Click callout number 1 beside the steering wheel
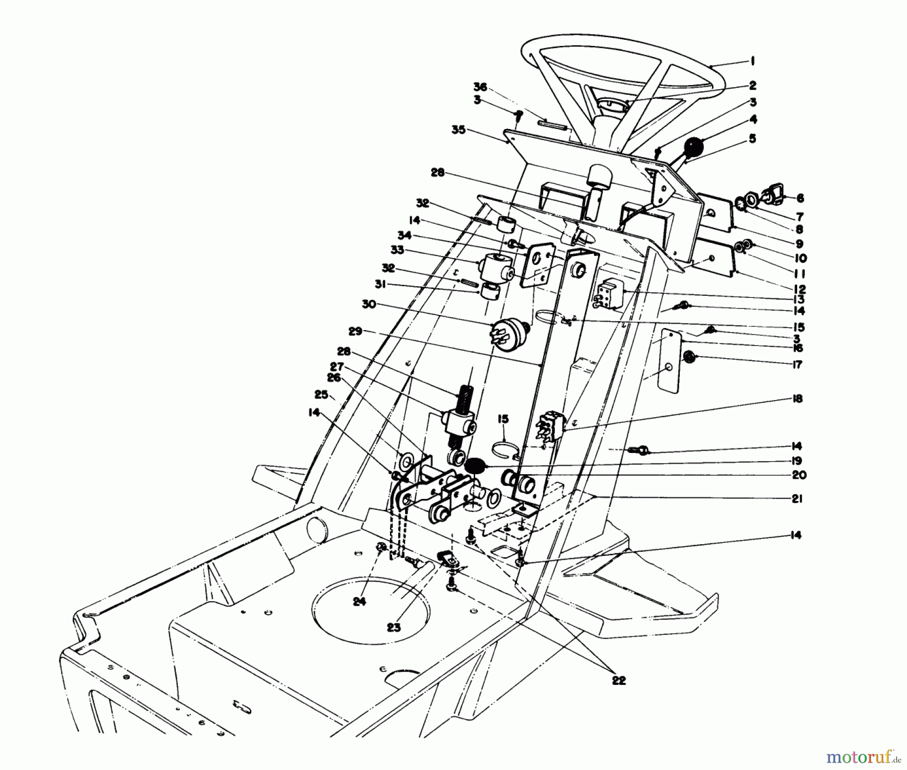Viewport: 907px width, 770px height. click(x=752, y=61)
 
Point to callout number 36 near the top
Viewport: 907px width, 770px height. click(x=480, y=87)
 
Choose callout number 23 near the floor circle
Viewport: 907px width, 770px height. click(x=394, y=627)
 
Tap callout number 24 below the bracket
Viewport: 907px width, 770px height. click(x=359, y=601)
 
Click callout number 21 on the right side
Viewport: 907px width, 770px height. click(x=797, y=499)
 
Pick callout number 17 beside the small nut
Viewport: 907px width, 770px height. click(x=797, y=365)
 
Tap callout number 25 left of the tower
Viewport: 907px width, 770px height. click(x=321, y=394)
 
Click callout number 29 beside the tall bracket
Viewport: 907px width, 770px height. click(x=355, y=331)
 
